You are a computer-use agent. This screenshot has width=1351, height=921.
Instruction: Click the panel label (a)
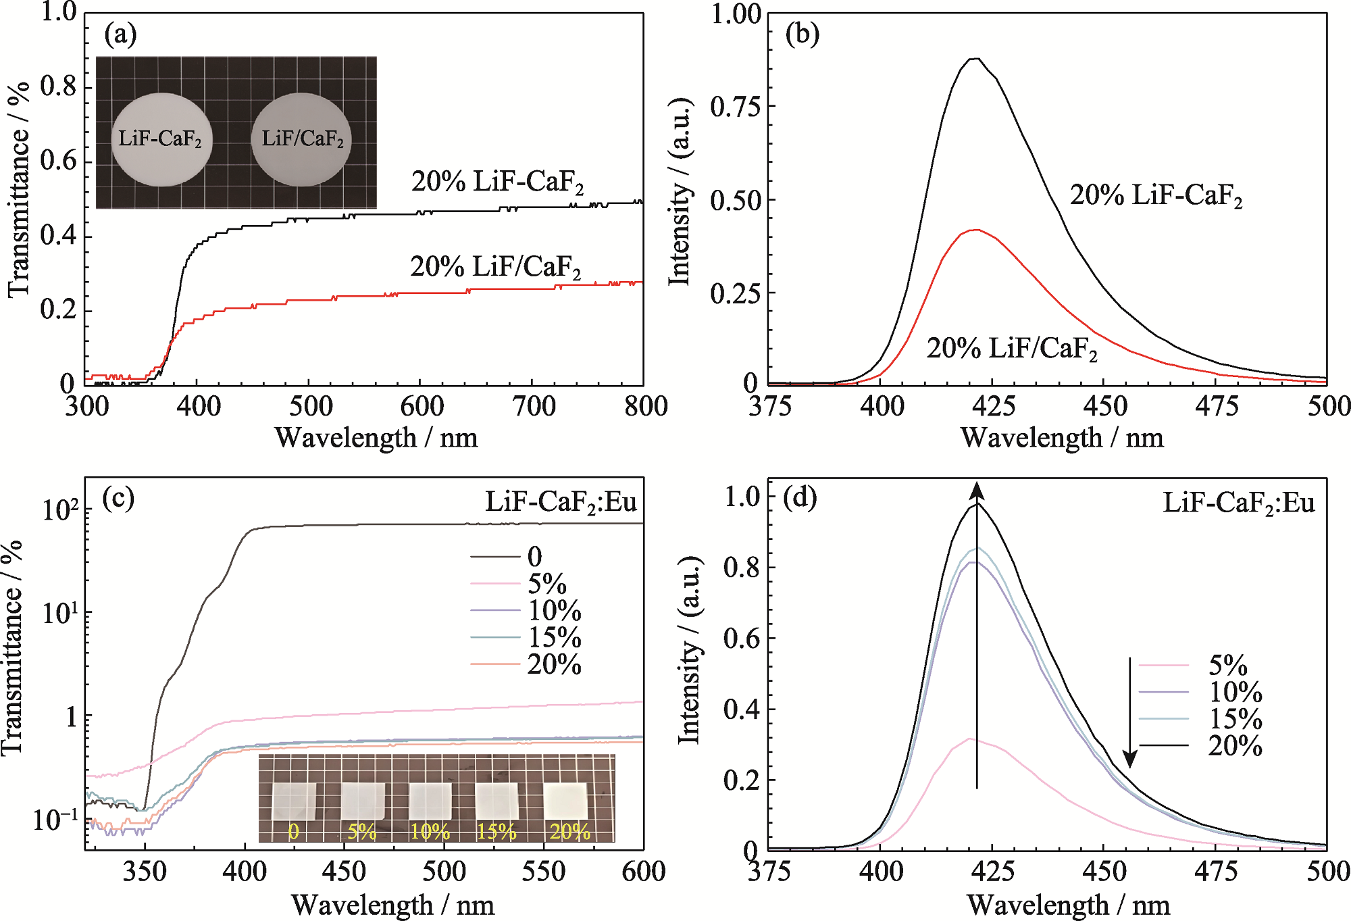tap(120, 34)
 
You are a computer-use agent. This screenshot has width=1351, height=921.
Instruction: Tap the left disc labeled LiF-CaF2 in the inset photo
tap(161, 139)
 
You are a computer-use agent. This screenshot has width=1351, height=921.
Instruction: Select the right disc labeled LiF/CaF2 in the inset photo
tap(302, 139)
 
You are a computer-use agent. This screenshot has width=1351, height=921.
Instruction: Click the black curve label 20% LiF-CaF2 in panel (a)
tap(497, 182)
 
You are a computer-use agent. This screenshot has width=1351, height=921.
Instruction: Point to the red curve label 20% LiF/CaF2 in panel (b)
tap(1011, 349)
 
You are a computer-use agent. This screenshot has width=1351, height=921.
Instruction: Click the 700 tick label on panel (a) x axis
tap(534, 407)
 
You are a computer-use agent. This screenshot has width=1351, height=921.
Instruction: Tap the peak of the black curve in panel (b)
tap(975, 59)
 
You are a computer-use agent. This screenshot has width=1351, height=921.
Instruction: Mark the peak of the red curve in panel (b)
tap(975, 230)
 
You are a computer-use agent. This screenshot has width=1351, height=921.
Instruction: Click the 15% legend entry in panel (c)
tap(554, 638)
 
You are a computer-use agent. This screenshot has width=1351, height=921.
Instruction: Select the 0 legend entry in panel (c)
tap(534, 557)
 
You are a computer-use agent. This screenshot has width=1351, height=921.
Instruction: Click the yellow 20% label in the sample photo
tap(569, 832)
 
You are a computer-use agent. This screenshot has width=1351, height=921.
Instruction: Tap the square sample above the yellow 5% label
tap(363, 800)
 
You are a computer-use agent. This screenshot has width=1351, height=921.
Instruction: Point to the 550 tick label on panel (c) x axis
tap(543, 872)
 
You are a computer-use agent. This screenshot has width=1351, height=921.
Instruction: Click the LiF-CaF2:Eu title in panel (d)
tap(1238, 503)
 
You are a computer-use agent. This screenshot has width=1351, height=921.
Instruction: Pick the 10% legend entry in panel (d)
tap(1235, 692)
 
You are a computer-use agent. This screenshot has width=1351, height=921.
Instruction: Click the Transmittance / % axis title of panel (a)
tap(19, 189)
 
